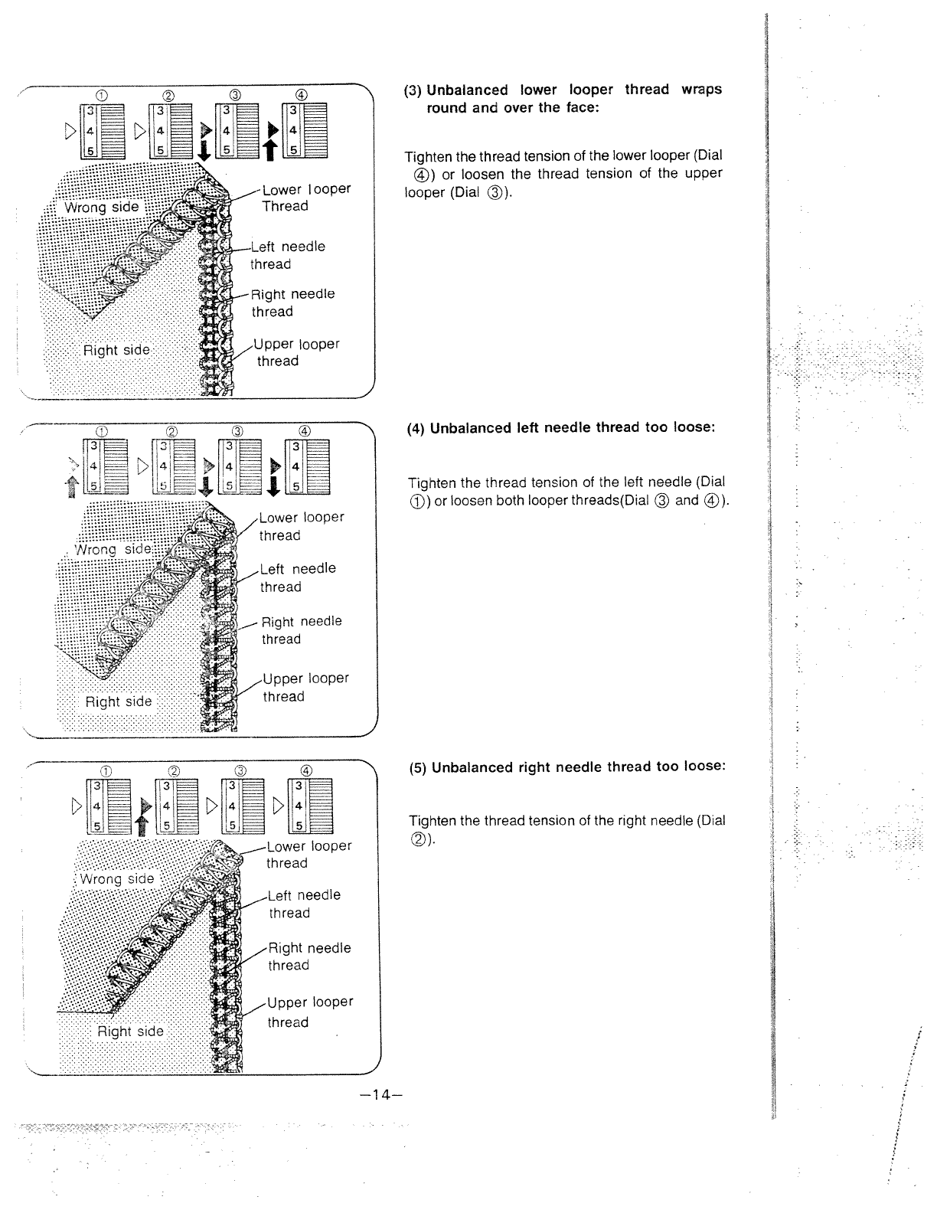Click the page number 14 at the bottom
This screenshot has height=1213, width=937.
point(380,1094)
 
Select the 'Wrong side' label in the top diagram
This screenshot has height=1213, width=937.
point(101,207)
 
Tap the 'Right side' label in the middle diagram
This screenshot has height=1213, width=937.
point(118,701)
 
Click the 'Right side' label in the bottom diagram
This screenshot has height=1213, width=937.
point(129,1031)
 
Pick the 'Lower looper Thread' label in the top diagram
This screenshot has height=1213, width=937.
point(305,198)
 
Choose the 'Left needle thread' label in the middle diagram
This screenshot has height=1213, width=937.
point(297,577)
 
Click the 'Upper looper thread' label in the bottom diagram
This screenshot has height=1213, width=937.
point(309,1012)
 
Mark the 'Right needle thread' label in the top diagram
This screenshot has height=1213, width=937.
point(293,302)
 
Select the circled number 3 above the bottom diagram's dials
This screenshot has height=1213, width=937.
point(240,770)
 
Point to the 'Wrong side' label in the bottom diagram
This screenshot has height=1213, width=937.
point(117,878)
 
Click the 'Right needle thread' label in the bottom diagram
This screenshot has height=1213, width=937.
point(309,956)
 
